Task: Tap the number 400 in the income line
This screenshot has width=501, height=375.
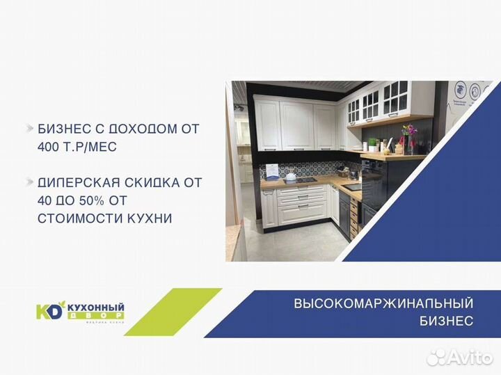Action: pyautogui.click(x=51, y=147)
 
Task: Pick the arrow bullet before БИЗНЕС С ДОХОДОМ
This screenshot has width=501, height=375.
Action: pyautogui.click(x=29, y=129)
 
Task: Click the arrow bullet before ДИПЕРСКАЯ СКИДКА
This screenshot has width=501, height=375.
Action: pyautogui.click(x=29, y=182)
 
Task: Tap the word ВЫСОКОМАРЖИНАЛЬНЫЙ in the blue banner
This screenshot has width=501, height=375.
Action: pyautogui.click(x=383, y=303)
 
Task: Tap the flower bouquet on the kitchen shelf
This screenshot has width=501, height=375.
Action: pyautogui.click(x=408, y=134)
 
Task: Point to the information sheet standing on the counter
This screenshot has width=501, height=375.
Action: pyautogui.click(x=273, y=170)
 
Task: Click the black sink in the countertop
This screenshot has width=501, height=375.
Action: pyautogui.click(x=353, y=186)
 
